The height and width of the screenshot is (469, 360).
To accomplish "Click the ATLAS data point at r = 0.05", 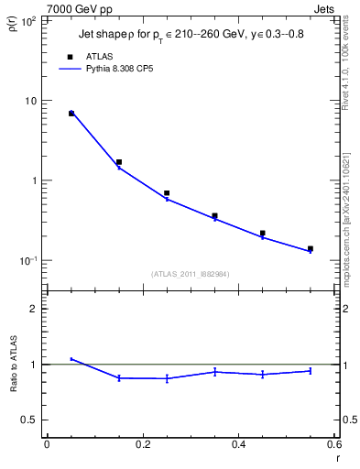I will click(x=71, y=114).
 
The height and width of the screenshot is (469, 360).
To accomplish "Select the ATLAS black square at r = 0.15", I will click(x=119, y=162).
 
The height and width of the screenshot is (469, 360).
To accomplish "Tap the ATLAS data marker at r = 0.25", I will click(x=167, y=193).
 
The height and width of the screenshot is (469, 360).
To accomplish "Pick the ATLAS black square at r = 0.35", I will click(x=214, y=216).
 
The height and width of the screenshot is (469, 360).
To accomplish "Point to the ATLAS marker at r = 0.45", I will click(x=262, y=234).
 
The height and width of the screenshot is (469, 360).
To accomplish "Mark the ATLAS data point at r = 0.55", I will click(x=310, y=248).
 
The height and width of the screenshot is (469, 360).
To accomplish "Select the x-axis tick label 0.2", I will click(x=142, y=444).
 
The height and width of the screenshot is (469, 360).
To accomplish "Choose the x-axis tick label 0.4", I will click(x=238, y=444).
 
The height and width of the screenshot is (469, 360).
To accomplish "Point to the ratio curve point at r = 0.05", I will click(x=71, y=359).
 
